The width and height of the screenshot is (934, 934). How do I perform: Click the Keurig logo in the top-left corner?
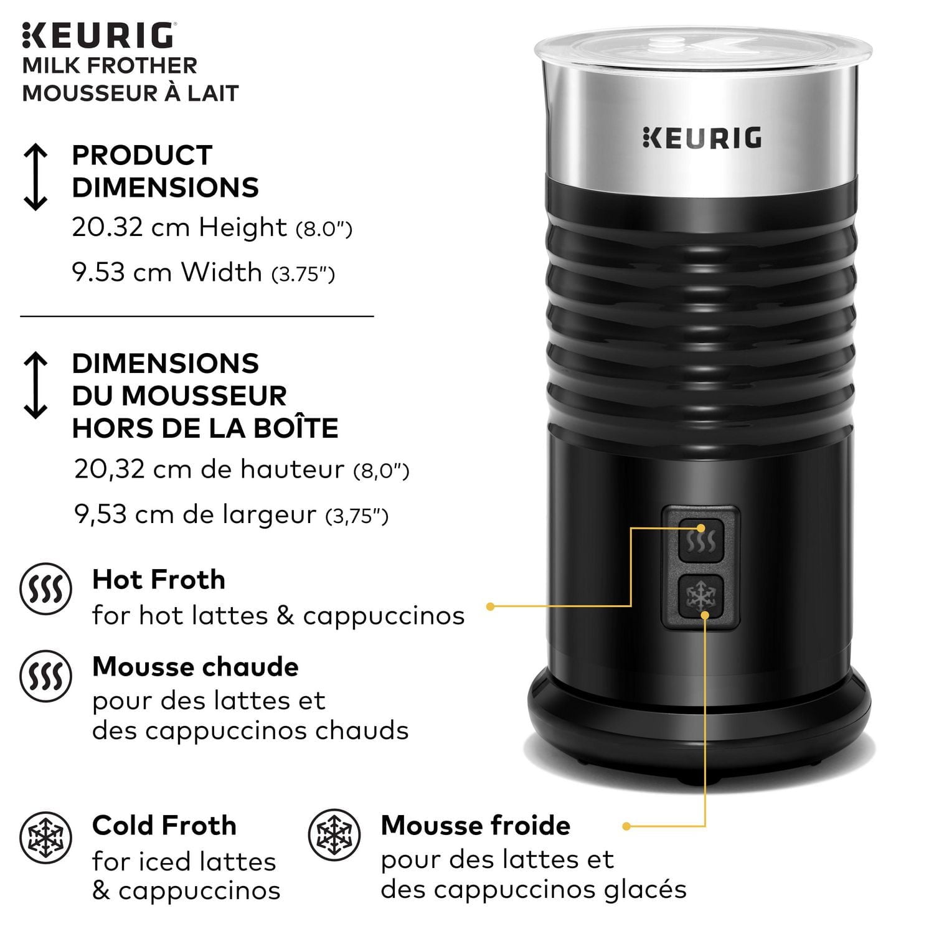98,35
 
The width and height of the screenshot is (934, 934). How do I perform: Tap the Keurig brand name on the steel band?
702,138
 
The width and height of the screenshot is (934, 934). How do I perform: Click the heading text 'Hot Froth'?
159,580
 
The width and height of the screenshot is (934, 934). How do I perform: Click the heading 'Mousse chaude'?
195,667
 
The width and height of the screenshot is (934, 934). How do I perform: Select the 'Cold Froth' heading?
164,826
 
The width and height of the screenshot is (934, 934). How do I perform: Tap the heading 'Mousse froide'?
475,826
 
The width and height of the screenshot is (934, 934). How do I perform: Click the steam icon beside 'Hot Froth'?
45,589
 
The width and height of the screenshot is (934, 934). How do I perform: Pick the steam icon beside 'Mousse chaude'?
45,676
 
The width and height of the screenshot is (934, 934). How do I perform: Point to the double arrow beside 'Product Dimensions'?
35,177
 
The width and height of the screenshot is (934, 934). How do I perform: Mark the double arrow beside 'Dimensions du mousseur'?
35,385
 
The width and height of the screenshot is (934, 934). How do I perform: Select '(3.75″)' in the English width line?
303,274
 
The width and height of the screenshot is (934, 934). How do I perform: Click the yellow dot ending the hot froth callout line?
490,606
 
